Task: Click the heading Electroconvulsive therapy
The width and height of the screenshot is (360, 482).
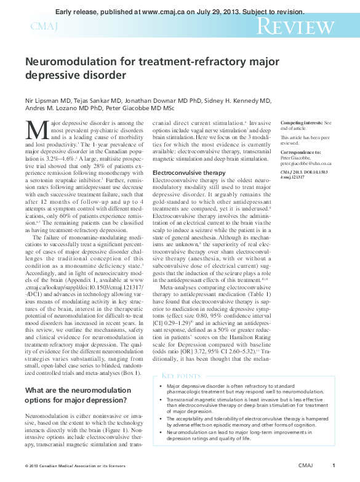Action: pos(189,174)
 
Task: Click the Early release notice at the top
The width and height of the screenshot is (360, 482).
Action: pos(180,12)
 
